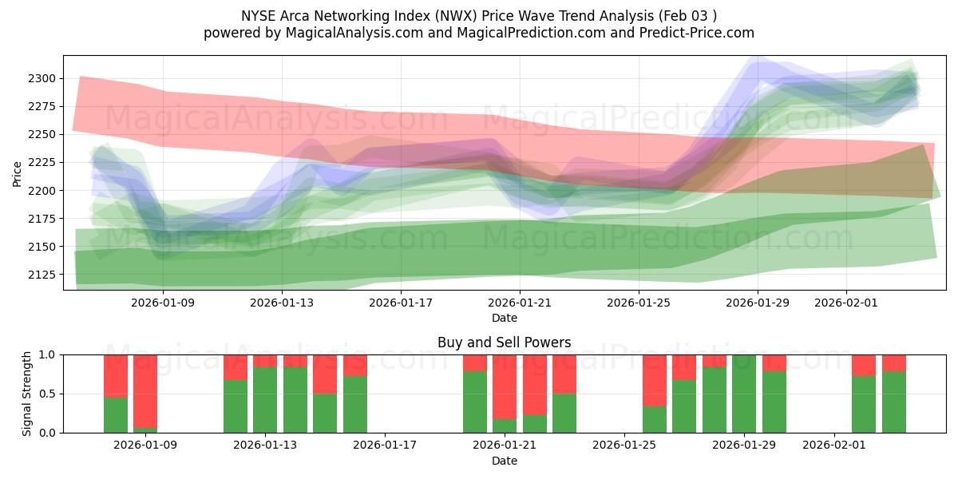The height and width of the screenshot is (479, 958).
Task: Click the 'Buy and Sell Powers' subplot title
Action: point(504,342)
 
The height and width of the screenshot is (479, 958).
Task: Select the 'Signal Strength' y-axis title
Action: point(26,394)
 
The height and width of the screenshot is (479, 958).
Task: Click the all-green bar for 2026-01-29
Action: point(744,394)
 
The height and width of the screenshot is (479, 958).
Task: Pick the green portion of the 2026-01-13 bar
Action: point(265,399)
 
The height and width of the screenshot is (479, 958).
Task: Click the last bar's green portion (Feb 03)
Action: point(894,402)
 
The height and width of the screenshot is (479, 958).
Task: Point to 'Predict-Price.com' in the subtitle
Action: point(700,33)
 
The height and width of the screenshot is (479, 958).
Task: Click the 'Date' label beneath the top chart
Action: point(504,318)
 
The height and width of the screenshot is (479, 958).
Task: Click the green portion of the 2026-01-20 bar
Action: point(475,402)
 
